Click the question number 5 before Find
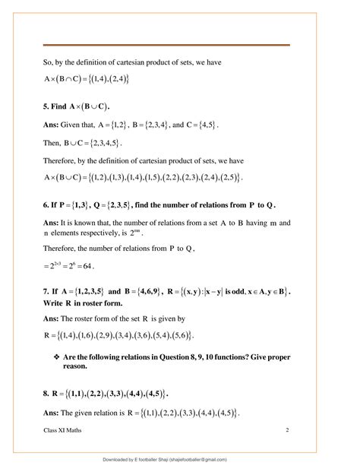[46, 106]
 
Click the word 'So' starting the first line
[49, 61]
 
